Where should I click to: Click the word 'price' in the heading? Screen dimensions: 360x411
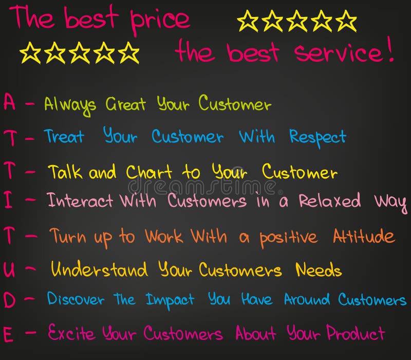coord(160,20)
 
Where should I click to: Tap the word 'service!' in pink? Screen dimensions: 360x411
coord(344,53)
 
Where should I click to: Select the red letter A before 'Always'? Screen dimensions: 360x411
coord(9,102)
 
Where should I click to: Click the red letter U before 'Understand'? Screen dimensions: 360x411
coord(9,269)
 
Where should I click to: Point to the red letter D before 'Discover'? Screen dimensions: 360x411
coord(10,300)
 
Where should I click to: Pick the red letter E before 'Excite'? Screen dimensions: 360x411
coord(8,334)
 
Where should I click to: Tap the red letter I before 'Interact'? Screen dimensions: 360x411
coord(8,201)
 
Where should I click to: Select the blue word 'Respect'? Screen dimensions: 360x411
coord(317,138)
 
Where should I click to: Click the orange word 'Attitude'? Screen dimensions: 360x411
coord(363,237)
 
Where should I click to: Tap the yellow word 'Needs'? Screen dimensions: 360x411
coord(319,269)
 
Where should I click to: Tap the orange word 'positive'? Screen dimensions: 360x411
coord(288,238)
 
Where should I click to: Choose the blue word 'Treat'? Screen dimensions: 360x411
coord(64,137)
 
